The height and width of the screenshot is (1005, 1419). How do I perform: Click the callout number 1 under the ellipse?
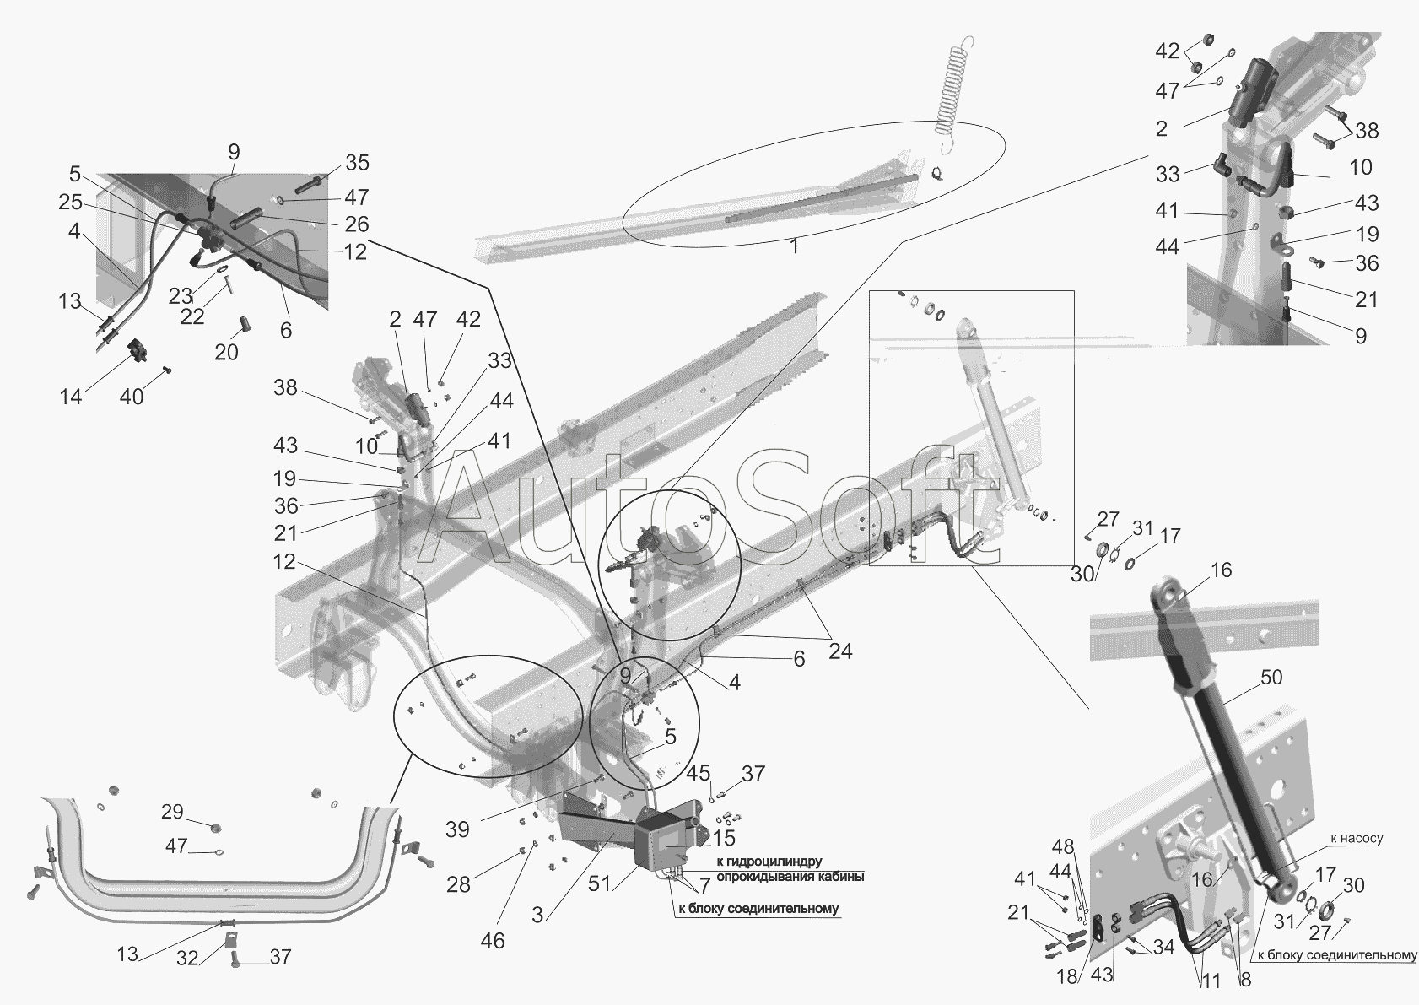tap(794, 246)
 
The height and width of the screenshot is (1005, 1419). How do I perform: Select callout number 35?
tap(358, 163)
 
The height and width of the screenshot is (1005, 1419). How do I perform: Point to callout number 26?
tap(357, 224)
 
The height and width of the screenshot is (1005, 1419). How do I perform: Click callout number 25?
tap(70, 203)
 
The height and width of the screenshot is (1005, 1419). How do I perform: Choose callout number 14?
tap(71, 397)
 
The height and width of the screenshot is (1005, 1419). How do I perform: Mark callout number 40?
tap(132, 397)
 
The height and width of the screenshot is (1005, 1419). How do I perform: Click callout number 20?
tap(226, 353)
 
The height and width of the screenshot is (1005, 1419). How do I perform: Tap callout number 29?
tap(172, 812)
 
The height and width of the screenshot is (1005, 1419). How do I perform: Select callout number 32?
tap(187, 959)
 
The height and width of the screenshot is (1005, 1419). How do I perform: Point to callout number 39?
tap(457, 829)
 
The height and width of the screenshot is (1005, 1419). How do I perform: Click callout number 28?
tap(459, 884)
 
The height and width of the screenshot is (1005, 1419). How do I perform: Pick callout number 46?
tap(492, 941)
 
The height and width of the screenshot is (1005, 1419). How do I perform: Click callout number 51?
tap(599, 883)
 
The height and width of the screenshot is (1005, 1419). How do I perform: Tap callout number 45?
tap(698, 774)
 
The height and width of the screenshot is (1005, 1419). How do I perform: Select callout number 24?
tap(840, 651)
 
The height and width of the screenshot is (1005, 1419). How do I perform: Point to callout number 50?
tap(1271, 677)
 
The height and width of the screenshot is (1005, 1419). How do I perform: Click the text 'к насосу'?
tap(1357, 839)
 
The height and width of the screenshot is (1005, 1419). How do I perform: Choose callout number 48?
tap(1063, 846)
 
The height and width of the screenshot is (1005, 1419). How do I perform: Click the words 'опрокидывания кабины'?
tap(790, 877)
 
